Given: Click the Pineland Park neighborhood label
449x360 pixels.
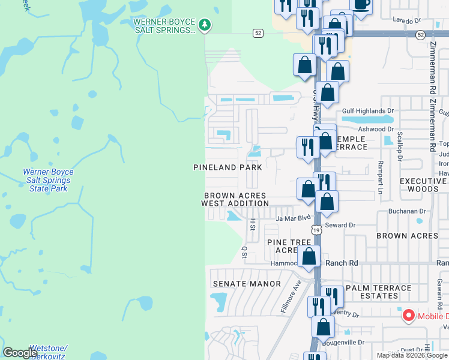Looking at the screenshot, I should [x=228, y=167].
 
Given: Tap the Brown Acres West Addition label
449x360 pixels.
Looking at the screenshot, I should [x=235, y=200].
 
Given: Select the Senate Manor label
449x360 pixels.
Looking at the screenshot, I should [x=247, y=284].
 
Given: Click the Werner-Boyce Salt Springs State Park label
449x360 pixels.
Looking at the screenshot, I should [x=47, y=180].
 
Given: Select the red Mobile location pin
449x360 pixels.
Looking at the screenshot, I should [x=408, y=315].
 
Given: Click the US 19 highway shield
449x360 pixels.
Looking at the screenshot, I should [x=316, y=229].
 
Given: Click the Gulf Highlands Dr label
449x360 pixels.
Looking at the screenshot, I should [x=367, y=111].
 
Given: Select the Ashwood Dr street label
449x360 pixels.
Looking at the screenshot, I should [x=375, y=129].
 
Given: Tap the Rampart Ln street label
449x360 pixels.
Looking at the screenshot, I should [x=380, y=178].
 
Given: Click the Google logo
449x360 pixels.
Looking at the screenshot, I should [x=20, y=352].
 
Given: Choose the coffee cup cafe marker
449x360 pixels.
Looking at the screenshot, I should [x=361, y=5].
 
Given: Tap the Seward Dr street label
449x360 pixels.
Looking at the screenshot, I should [x=340, y=225].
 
